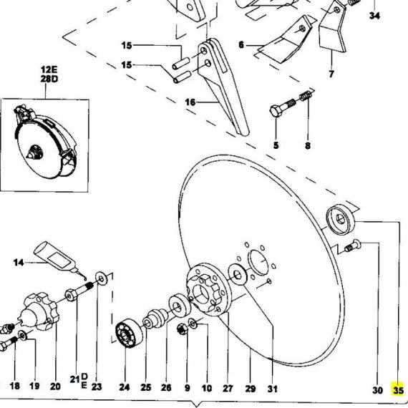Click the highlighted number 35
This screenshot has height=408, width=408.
coord(398,390)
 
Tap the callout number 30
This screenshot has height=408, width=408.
coord(377,390)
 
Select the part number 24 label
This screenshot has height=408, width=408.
coord(125,387)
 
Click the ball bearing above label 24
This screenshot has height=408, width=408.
coord(129,332)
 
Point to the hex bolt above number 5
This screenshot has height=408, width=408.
coord(282,107)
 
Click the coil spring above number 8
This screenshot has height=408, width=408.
coord(306,95)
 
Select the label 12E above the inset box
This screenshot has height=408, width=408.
coord(49,69)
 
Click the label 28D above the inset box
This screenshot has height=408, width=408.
coord(49,79)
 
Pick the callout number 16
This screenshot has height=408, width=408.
coord(190,102)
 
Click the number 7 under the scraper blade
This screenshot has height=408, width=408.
coord(331,74)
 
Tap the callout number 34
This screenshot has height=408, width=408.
coord(374,16)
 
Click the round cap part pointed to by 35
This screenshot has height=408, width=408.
coord(341,218)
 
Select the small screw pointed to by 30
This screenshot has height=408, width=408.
coord(353,246)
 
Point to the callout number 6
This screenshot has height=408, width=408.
coord(241,45)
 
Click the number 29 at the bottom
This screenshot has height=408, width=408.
coord(250,389)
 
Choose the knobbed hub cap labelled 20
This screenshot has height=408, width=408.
coord(40,311)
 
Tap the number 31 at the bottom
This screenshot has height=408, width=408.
coord(273,389)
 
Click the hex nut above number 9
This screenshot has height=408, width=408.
coord(182,329)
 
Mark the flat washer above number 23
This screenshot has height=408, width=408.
coord(101,279)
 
